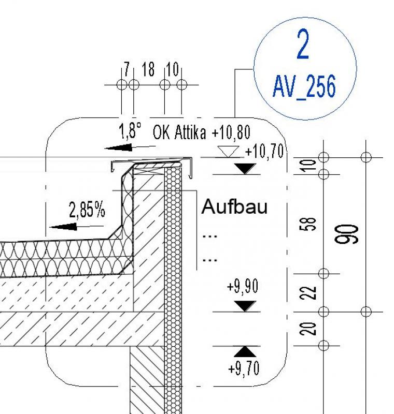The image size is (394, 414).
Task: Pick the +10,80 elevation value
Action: pyautogui.click(x=231, y=133)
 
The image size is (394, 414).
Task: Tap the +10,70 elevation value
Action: pyautogui.click(x=265, y=152)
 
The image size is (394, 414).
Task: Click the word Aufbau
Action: pyautogui.click(x=234, y=207)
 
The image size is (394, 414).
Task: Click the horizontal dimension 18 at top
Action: pyautogui.click(x=148, y=70)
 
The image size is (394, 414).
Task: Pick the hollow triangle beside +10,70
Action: pyautogui.click(x=229, y=152)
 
